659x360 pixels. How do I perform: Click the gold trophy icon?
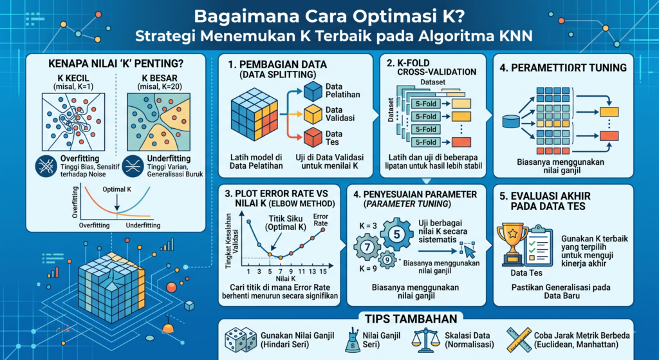coord(512,245)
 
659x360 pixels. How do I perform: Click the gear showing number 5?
coord(396,234)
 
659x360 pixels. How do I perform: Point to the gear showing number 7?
coord(367,247)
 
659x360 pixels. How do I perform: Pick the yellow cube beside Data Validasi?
coord(313,113)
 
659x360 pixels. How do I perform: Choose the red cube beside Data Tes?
coord(313,138)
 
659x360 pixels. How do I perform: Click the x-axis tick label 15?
coord(323,271)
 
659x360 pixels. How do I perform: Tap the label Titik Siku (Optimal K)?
coord(286,223)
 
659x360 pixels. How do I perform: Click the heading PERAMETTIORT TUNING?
coord(563,68)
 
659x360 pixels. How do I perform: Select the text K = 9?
coord(368,268)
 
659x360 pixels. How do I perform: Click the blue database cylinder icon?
coord(511,122)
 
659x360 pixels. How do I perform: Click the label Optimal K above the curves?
coord(117,189)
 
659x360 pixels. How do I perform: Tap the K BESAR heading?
coord(160,78)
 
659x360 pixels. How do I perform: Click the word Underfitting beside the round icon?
coord(169,158)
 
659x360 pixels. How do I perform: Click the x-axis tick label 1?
coord(248,271)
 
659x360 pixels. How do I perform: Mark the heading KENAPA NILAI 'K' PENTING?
coord(116,64)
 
